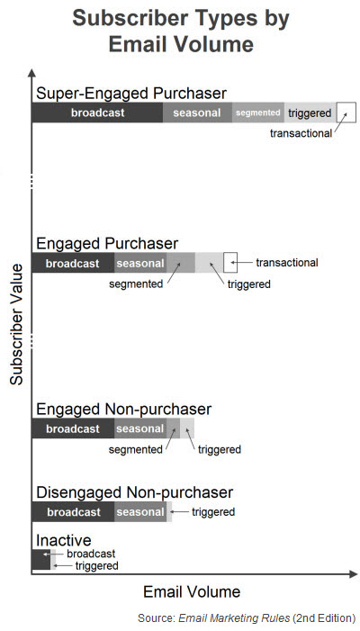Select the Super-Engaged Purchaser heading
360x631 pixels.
pos(131,94)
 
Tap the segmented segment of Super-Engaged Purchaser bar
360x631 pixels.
pos(257,113)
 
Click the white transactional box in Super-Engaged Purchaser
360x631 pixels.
pos(346,113)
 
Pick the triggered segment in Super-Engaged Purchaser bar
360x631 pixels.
pos(310,113)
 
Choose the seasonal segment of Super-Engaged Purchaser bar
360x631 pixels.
pos(197,113)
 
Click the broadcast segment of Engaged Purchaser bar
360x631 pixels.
pos(73,263)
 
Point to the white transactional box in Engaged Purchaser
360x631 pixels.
pos(230,263)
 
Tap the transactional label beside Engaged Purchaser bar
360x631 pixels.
pos(287,263)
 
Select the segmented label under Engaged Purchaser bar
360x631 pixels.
pos(136,284)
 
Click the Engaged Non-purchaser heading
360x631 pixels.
pos(124,410)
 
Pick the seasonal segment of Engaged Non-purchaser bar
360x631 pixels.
pos(140,428)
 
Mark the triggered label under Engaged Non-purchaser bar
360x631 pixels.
pos(220,449)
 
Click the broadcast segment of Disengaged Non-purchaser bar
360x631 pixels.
pos(73,512)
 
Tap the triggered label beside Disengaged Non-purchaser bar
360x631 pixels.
pos(213,512)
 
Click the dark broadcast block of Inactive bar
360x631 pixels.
pos(41,559)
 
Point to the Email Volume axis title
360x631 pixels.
pos(192,592)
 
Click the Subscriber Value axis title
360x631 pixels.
pos(16,324)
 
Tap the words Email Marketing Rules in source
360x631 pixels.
pos(234,618)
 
